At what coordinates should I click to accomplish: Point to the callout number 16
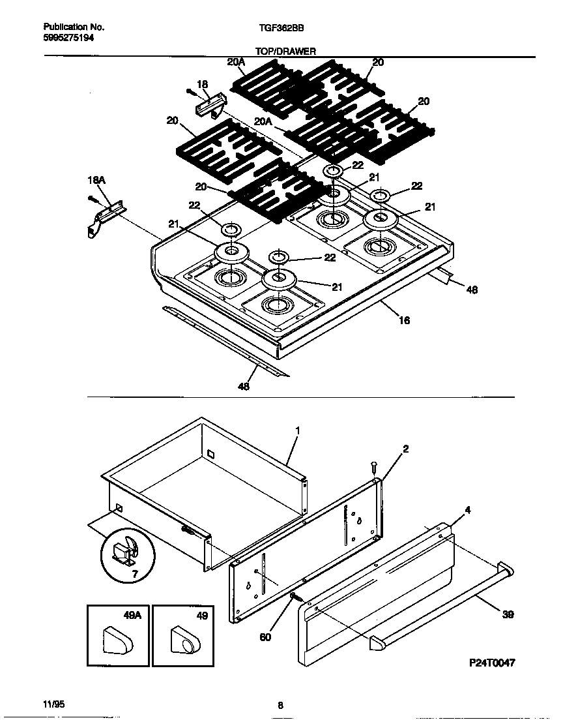[x=404, y=320]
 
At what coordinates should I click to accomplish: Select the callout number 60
[x=265, y=637]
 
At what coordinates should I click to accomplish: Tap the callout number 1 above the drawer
[x=297, y=431]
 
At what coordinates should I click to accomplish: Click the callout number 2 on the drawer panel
[x=405, y=449]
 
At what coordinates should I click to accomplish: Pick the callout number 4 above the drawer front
[x=467, y=510]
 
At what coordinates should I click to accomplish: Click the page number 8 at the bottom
[x=280, y=705]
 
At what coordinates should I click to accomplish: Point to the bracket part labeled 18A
[x=104, y=217]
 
